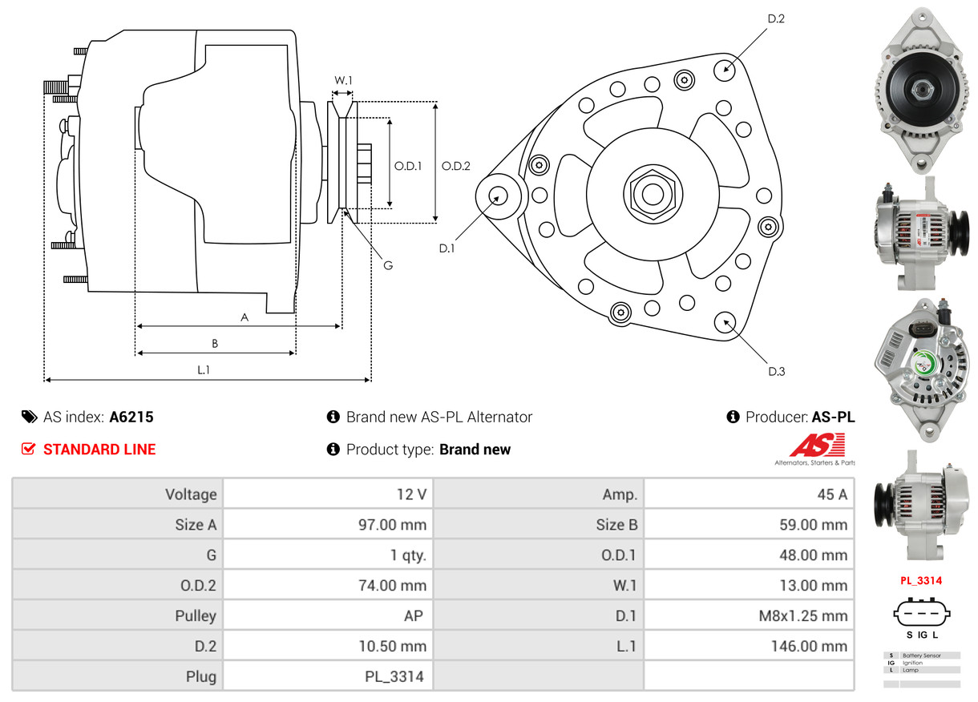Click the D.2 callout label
(x=775, y=18)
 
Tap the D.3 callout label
(x=776, y=371)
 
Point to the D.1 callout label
(x=447, y=248)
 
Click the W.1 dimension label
(x=343, y=80)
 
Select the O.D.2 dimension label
(x=456, y=167)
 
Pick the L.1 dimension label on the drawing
(x=204, y=369)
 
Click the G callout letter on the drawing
(x=388, y=265)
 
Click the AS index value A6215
(x=131, y=417)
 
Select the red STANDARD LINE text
(x=99, y=450)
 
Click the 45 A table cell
(x=831, y=494)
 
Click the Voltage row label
(x=191, y=494)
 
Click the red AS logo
(x=817, y=446)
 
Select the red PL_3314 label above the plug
(x=921, y=581)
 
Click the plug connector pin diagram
(x=922, y=615)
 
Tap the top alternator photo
(x=921, y=88)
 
